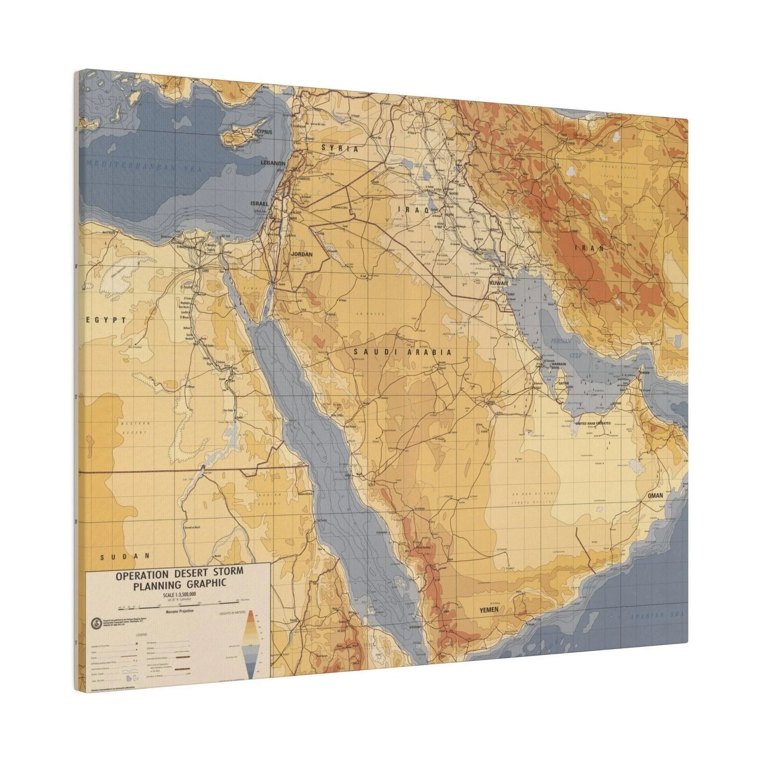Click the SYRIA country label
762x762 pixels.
tap(339, 149)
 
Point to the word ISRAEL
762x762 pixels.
tap(259, 204)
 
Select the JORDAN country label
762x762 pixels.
tap(302, 255)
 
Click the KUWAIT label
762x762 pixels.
tap(498, 283)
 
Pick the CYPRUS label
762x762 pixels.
tap(264, 132)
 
